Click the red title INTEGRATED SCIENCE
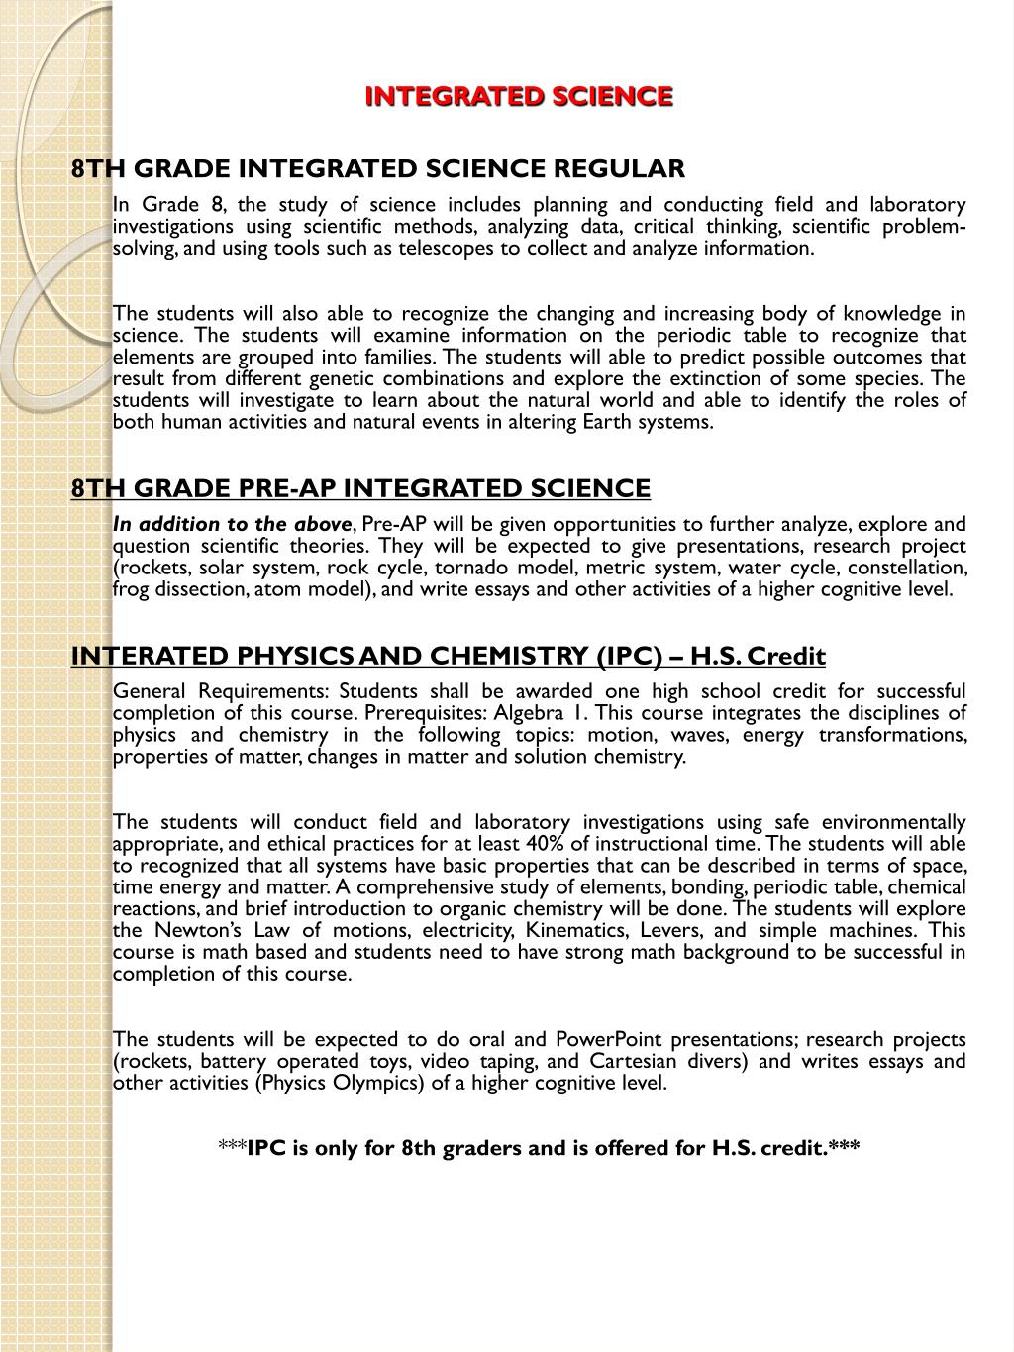pyautogui.click(x=519, y=96)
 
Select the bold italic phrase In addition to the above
pyautogui.click(x=232, y=525)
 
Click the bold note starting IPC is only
pyautogui.click(x=540, y=1148)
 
